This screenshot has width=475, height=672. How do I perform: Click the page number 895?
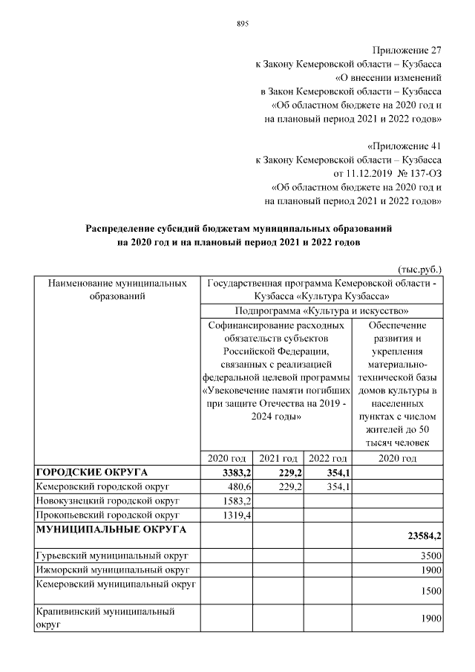point(242,24)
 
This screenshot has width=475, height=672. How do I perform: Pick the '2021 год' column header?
point(278,458)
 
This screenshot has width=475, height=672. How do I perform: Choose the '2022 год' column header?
point(328,458)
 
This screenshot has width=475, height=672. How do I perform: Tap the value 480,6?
point(238,486)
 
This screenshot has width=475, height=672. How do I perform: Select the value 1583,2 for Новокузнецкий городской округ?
point(237,500)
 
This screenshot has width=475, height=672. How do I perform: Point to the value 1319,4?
point(237,515)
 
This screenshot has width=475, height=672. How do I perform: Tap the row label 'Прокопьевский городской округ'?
point(108,515)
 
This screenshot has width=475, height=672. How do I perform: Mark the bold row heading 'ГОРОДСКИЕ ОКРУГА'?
point(92,472)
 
